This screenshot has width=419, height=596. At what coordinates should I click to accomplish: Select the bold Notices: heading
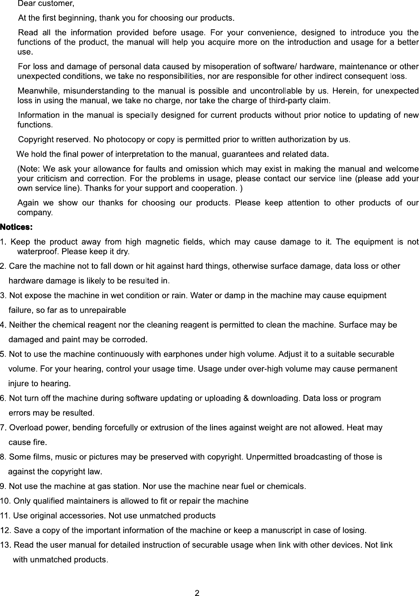(16, 227)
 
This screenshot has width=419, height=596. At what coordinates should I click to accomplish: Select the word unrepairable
(102, 310)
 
